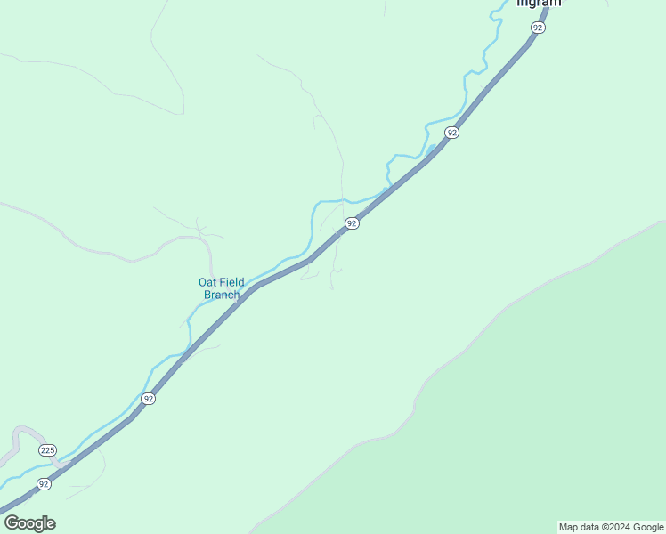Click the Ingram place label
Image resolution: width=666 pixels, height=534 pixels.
tap(539, 3)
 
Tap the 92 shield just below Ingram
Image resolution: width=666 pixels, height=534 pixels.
tap(537, 28)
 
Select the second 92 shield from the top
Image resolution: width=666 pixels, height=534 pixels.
tap(452, 133)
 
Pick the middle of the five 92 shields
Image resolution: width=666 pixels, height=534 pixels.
tap(352, 223)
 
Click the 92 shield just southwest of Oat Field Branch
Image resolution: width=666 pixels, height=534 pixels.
tap(148, 399)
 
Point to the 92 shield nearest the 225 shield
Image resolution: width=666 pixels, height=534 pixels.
tap(44, 484)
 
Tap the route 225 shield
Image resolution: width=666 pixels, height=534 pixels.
tap(48, 451)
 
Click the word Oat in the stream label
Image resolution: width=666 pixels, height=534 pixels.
tap(207, 283)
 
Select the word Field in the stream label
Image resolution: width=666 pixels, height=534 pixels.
tap(231, 283)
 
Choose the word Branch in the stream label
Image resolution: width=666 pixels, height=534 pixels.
tap(222, 295)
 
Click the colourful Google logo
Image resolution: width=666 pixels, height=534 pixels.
tap(29, 523)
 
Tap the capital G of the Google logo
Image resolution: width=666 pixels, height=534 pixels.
tap(12, 523)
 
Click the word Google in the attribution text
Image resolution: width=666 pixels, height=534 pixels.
tap(648, 527)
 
